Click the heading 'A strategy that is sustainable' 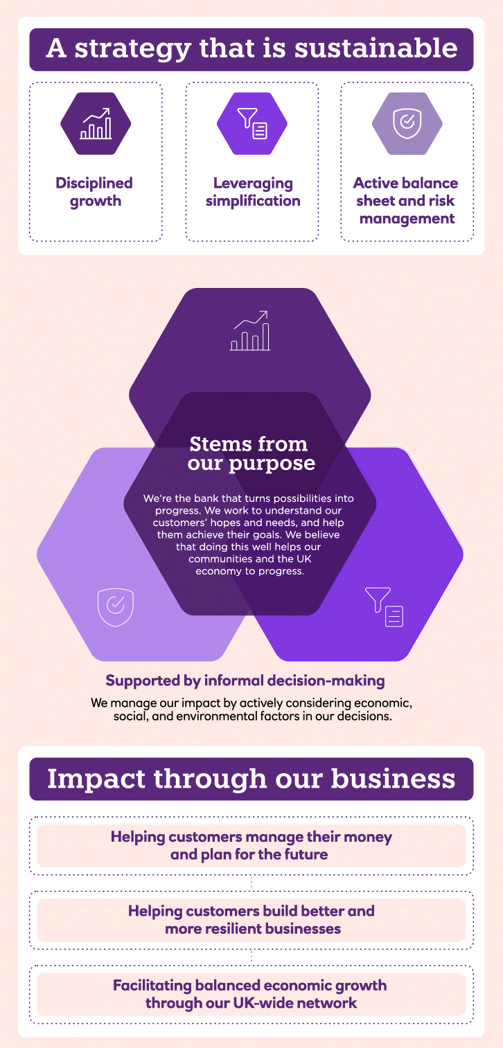pyautogui.click(x=251, y=50)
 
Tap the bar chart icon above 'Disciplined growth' pyautogui.click(x=96, y=123)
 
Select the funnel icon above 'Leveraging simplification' pyautogui.click(x=252, y=123)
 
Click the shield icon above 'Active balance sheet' pyautogui.click(x=407, y=123)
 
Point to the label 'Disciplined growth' pyautogui.click(x=94, y=192)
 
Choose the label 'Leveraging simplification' pyautogui.click(x=253, y=192)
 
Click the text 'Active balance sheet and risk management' pyautogui.click(x=406, y=201)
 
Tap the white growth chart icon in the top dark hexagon pyautogui.click(x=250, y=332)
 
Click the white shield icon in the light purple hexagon pyautogui.click(x=115, y=607)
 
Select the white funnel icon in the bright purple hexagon pyautogui.click(x=385, y=607)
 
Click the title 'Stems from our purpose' pyautogui.click(x=250, y=453)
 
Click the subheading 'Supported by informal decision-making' pyautogui.click(x=245, y=680)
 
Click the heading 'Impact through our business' pyautogui.click(x=251, y=779)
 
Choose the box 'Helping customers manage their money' pyautogui.click(x=251, y=845)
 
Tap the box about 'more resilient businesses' pyautogui.click(x=251, y=919)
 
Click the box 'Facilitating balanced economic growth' pyautogui.click(x=251, y=993)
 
